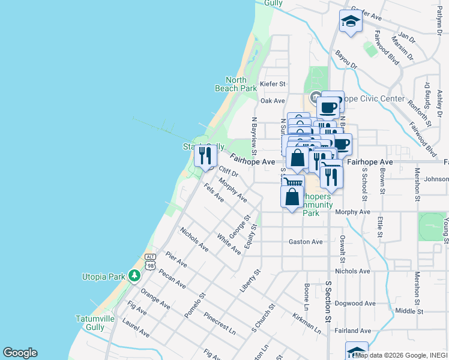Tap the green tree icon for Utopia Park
coord(135,276)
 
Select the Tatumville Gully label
coord(91,323)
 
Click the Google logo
coord(20,353)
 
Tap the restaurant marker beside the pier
coord(205,156)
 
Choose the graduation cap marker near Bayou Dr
coord(351,22)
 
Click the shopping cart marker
coord(292,182)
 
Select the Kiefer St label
coord(273,85)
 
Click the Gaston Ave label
coord(306,242)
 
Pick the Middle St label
coord(409,311)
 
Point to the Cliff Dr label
coord(229,172)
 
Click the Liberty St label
coord(249,281)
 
